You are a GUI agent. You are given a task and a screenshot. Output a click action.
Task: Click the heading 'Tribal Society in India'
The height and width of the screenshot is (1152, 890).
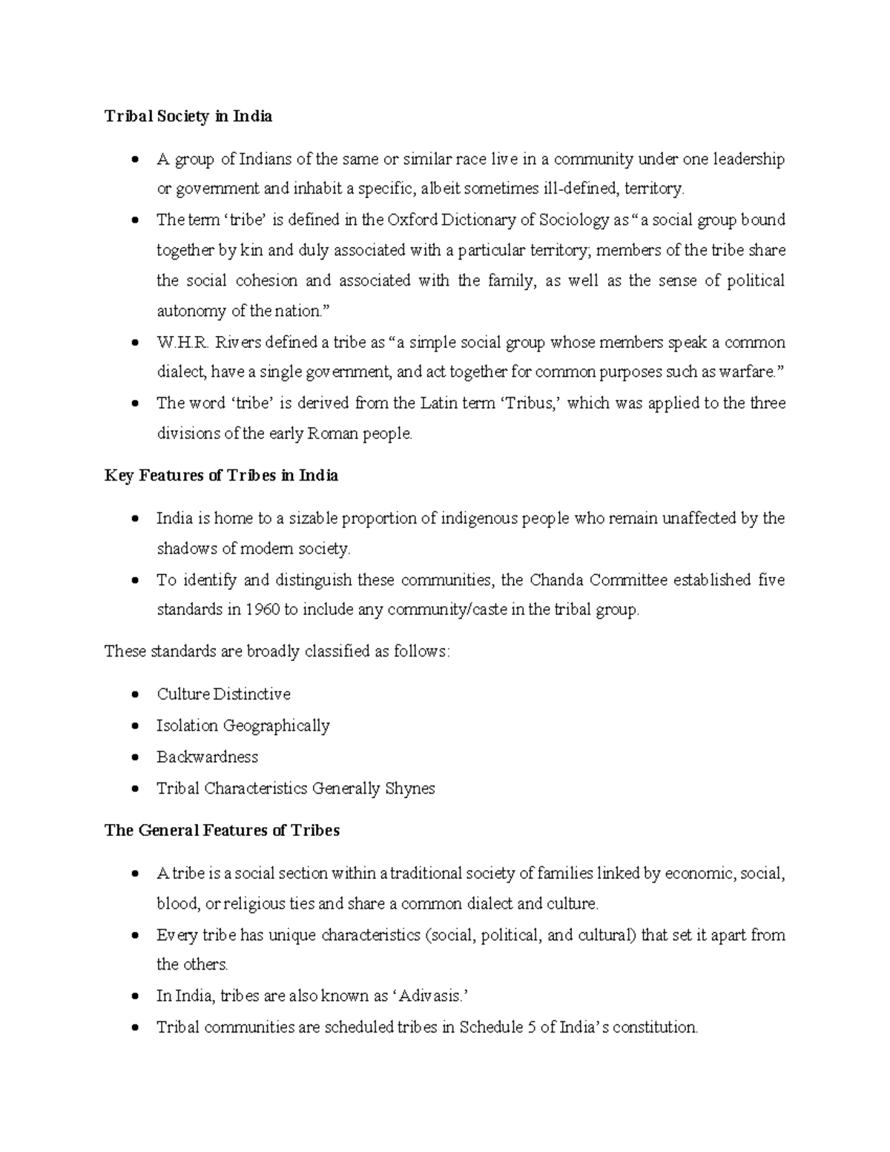pyautogui.click(x=188, y=116)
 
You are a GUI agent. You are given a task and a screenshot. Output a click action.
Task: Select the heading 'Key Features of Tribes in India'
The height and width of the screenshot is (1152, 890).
pyautogui.click(x=221, y=475)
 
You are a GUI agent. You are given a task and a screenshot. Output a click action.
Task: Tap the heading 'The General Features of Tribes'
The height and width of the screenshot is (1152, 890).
pyautogui.click(x=222, y=831)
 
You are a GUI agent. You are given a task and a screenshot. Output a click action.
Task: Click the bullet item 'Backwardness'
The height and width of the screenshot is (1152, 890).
pyautogui.click(x=207, y=757)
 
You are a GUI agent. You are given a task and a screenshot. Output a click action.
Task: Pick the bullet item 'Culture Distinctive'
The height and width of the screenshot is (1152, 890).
pyautogui.click(x=223, y=694)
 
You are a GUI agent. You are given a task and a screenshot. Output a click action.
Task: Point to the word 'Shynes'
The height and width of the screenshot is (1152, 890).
pyautogui.click(x=410, y=789)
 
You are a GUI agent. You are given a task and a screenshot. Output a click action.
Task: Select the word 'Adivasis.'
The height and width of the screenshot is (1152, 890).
pyautogui.click(x=431, y=996)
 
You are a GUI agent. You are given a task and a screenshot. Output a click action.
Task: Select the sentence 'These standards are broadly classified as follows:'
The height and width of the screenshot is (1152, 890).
pyautogui.click(x=277, y=652)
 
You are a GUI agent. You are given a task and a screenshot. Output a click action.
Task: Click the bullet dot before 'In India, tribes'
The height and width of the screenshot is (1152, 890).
pyautogui.click(x=134, y=997)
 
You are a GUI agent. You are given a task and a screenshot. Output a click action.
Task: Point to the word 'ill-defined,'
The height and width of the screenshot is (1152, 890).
pyautogui.click(x=580, y=190)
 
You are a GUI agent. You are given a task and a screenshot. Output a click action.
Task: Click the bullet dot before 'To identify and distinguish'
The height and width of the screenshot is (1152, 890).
pyautogui.click(x=134, y=581)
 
